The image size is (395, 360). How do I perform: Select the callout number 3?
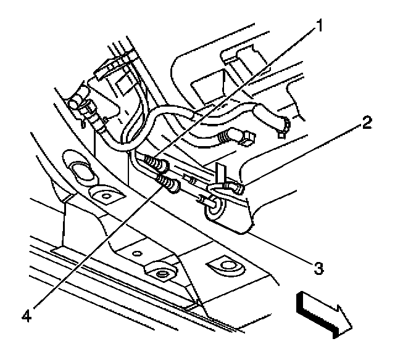tap(317, 268)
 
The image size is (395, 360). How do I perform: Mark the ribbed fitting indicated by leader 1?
tap(154, 163)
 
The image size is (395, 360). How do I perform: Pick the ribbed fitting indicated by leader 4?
tap(167, 181)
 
